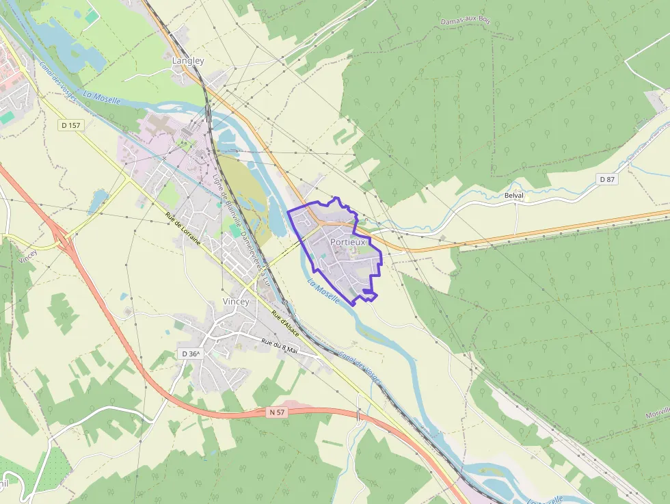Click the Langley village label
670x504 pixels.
(188, 61)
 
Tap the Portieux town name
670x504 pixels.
(349, 242)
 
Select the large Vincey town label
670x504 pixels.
(236, 302)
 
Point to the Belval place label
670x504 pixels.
(514, 196)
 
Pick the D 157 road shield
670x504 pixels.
(70, 125)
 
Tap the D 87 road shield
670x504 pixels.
(607, 179)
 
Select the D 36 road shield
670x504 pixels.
(191, 354)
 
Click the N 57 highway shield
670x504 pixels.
(275, 412)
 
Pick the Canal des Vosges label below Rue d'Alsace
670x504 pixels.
(360, 370)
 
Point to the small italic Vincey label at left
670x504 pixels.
(28, 257)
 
